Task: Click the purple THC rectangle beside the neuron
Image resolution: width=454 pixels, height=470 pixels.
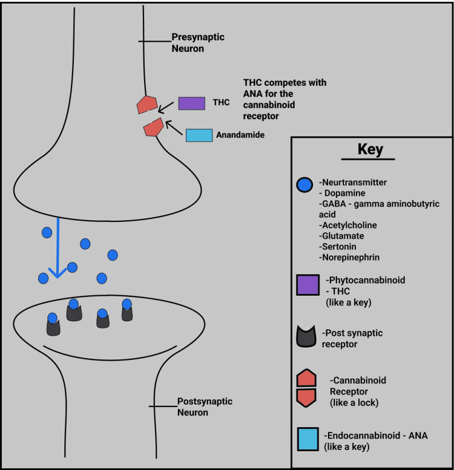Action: coord(191,103)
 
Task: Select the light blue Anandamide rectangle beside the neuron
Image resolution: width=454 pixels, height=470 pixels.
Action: coord(199,135)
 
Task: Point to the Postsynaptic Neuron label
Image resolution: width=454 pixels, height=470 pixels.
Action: coord(197,406)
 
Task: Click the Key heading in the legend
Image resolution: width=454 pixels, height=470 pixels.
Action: coord(370,149)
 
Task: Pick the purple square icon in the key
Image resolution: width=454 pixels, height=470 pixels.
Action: coord(308,285)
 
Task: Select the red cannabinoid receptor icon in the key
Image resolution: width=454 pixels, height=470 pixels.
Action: coord(308,388)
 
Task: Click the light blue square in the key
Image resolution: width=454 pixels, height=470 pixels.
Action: coord(308,439)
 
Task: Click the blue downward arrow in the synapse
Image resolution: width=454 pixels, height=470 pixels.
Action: coord(58,248)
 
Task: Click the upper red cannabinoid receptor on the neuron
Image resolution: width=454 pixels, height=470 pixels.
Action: coord(147,105)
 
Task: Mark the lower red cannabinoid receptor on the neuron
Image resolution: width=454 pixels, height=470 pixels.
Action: coord(153,127)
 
